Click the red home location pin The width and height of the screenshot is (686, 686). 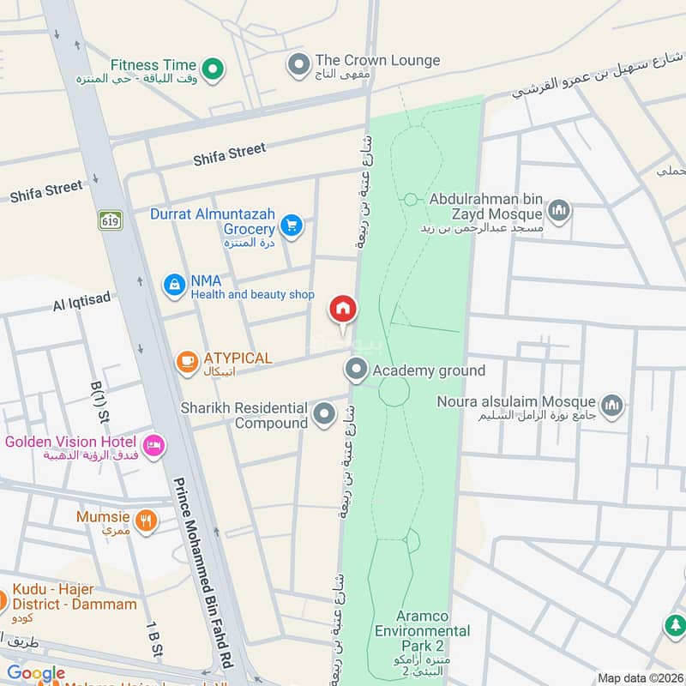[343, 310]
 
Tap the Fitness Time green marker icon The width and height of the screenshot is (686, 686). [213, 67]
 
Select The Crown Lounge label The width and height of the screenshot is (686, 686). [377, 61]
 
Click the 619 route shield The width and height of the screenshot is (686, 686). [110, 220]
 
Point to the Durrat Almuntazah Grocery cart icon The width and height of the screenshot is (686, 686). [292, 225]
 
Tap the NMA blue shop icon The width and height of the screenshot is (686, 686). [175, 284]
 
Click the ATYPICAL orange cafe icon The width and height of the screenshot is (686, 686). [186, 363]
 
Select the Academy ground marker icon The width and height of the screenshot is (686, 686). [356, 370]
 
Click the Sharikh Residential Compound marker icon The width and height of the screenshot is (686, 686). [324, 415]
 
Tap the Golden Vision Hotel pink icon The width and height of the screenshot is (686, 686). [153, 445]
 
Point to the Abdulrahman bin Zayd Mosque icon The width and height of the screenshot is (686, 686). [559, 210]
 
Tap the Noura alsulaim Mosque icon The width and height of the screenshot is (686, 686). [611, 406]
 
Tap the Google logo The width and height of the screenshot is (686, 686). [36, 673]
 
